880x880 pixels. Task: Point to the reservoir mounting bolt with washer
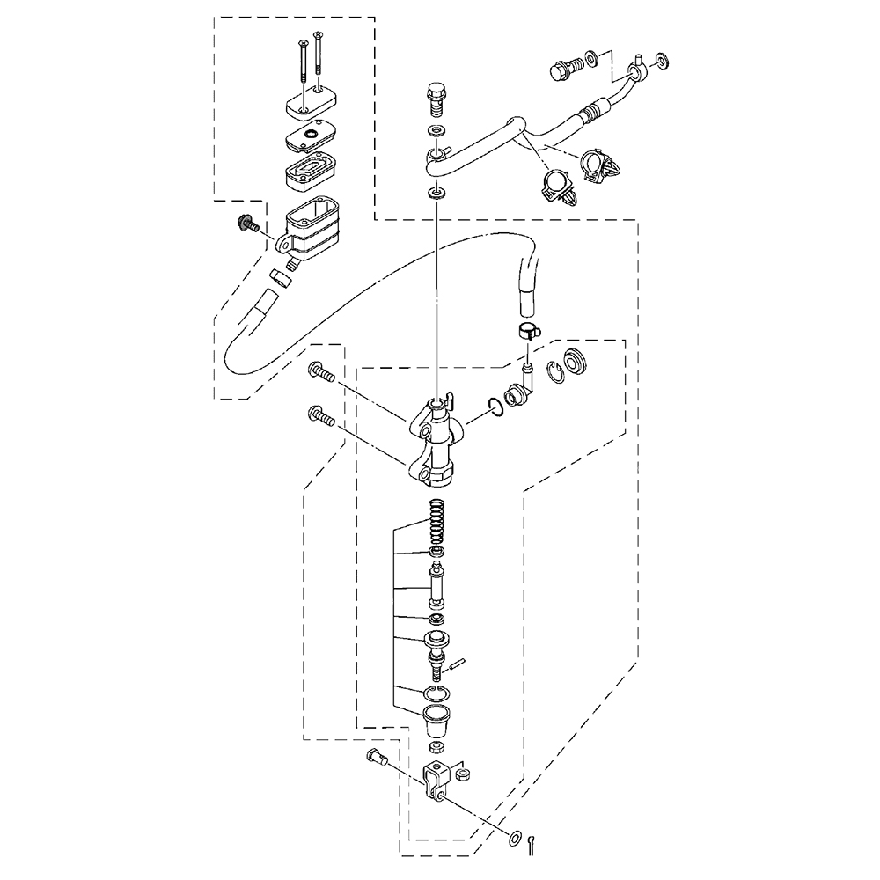246,224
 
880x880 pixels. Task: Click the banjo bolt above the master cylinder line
434,99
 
